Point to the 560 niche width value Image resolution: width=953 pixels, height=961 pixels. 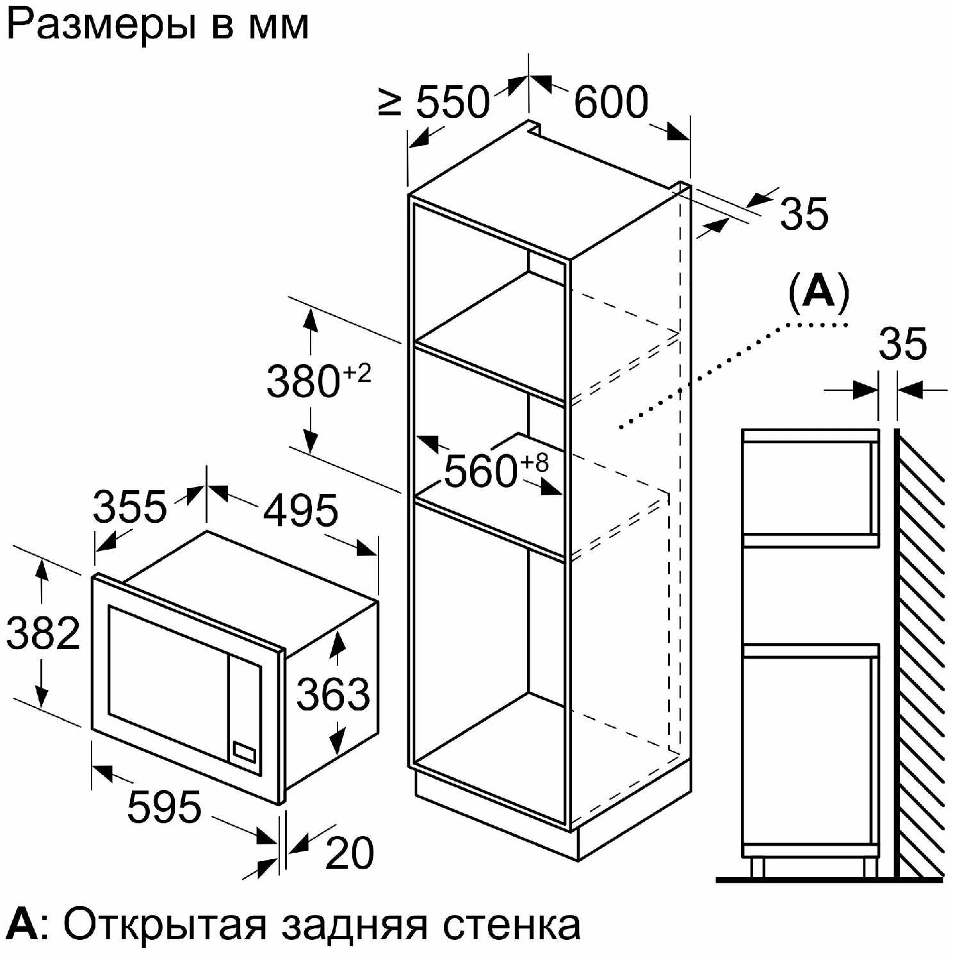(480, 471)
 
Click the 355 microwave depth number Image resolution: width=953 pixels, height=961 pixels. (130, 507)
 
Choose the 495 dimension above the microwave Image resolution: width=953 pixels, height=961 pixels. (300, 511)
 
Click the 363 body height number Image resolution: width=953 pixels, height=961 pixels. (333, 694)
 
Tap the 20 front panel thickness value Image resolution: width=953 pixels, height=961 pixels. (350, 853)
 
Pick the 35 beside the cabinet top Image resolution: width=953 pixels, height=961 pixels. (804, 213)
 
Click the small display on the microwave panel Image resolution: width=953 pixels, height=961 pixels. (244, 751)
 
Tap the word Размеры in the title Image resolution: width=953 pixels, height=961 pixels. (101, 27)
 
